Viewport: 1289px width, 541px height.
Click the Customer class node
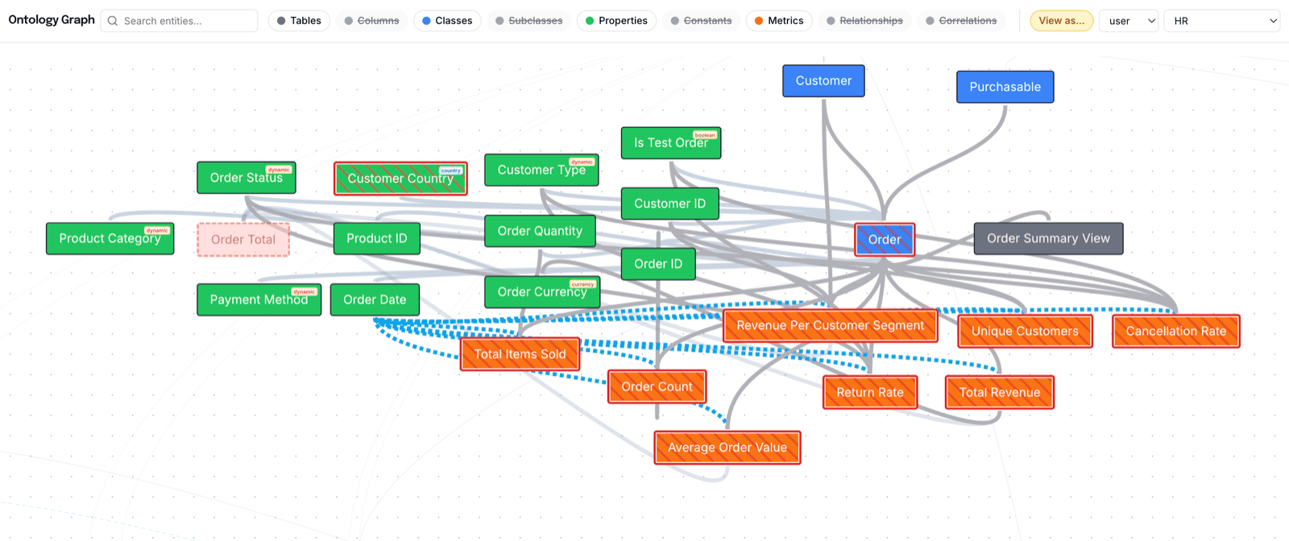pos(823,81)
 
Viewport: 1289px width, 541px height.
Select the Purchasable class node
pos(1005,87)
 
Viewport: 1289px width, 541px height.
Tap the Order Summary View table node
pos(1048,238)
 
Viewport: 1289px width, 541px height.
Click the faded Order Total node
pos(243,239)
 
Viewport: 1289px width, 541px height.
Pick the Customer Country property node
pos(400,179)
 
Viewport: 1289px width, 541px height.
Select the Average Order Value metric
pos(727,448)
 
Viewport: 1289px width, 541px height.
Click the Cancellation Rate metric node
pos(1175,331)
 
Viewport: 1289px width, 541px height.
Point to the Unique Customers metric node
pos(1025,331)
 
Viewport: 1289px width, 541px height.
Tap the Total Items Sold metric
pos(520,354)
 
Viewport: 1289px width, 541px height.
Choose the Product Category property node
pos(110,238)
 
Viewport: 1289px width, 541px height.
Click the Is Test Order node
pos(670,143)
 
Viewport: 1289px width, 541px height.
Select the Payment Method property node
pos(259,299)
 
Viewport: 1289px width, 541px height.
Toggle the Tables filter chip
pos(299,21)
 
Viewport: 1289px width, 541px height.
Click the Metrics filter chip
pos(778,21)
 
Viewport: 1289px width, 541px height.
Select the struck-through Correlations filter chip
pos(961,21)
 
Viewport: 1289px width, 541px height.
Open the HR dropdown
pos(1221,21)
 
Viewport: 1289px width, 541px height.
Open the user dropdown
pos(1128,21)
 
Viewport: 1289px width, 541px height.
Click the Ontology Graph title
pos(52,20)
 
